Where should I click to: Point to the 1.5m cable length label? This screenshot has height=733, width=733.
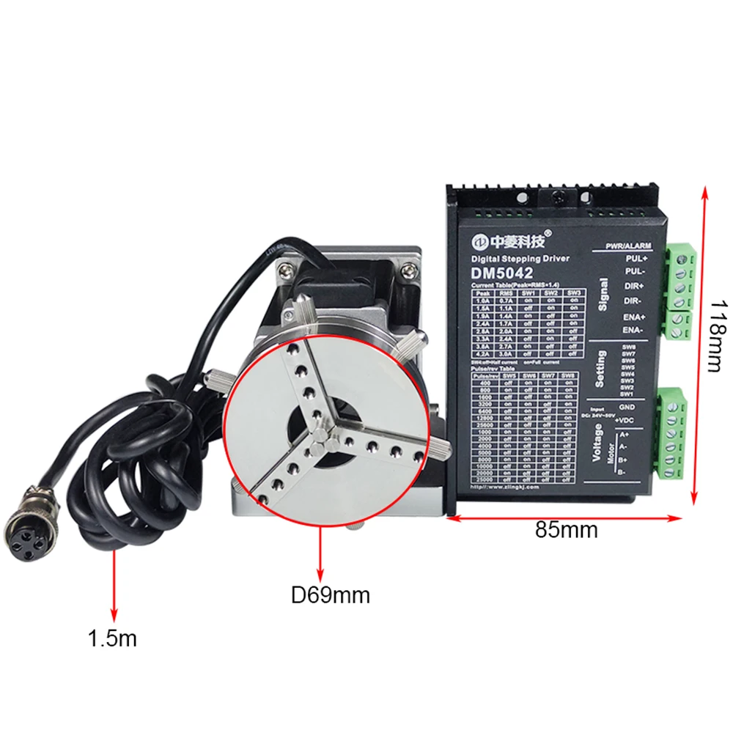click(113, 638)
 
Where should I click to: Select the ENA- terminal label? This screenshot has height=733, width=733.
click(635, 330)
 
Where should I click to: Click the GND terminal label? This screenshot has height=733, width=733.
click(627, 406)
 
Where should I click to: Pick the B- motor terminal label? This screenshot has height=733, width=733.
click(622, 473)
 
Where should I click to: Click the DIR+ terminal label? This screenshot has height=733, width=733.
click(636, 287)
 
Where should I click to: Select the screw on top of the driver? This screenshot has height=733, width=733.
click(559, 196)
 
